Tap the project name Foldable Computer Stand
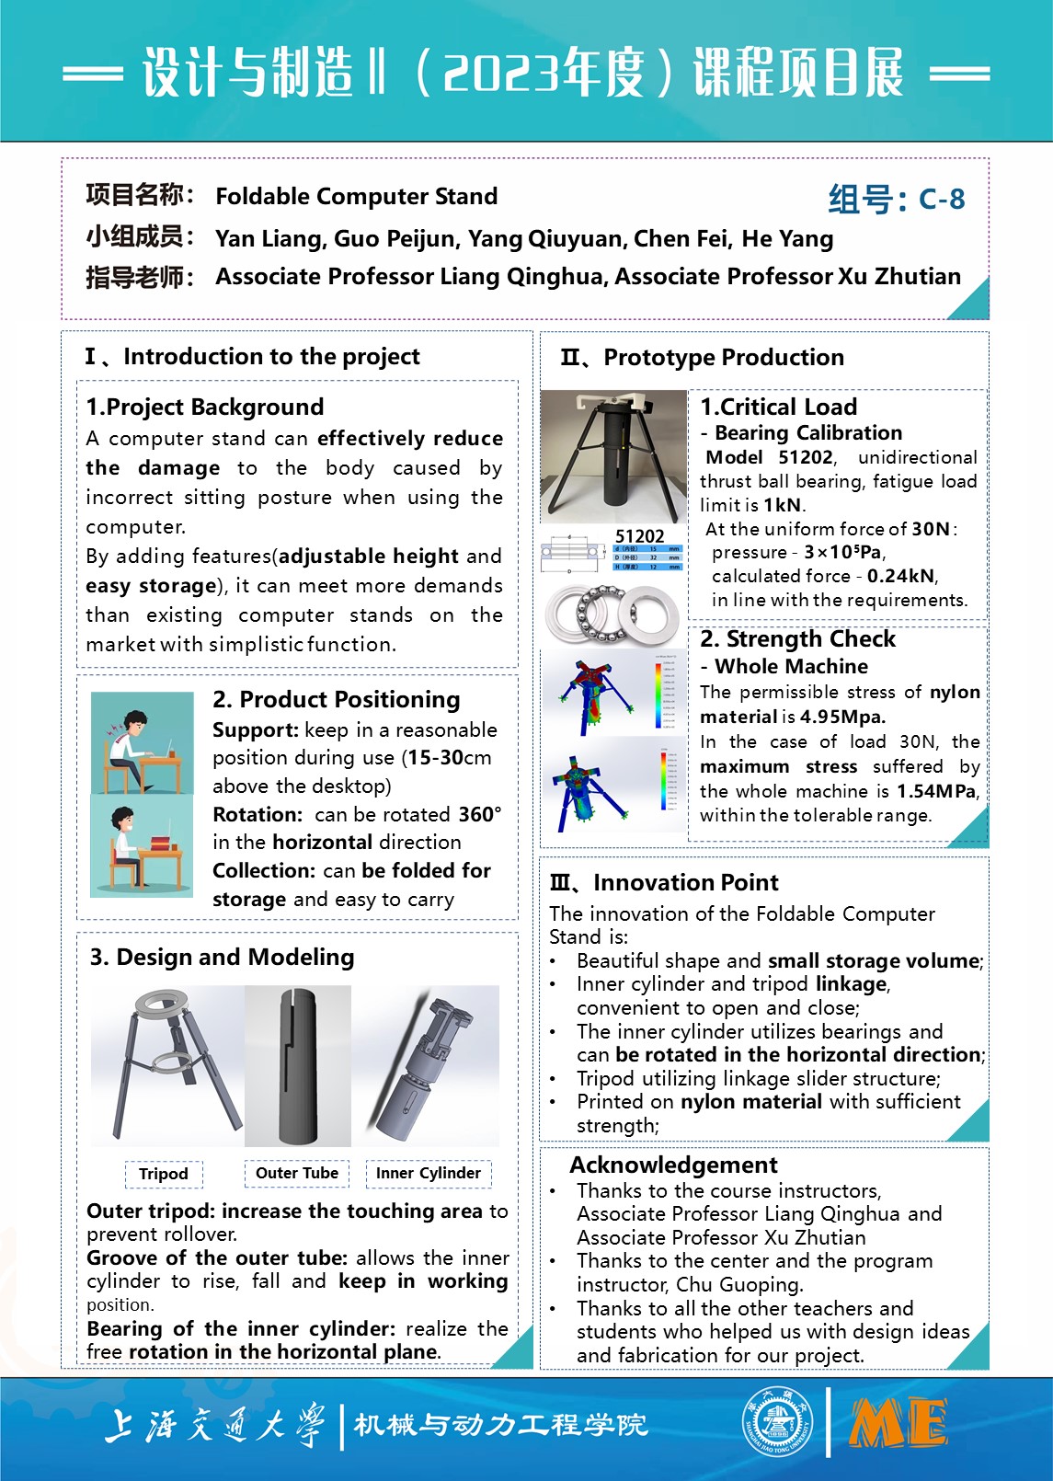(x=356, y=196)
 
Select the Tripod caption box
(x=164, y=1174)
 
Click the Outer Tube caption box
(x=297, y=1173)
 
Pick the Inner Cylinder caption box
(x=429, y=1173)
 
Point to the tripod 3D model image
(x=167, y=1064)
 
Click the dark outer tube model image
(x=297, y=1064)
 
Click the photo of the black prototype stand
(x=612, y=456)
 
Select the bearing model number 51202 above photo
(x=639, y=536)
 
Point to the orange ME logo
(x=898, y=1424)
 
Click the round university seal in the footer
(x=778, y=1423)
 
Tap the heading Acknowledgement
(x=673, y=1165)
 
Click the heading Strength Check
(x=797, y=638)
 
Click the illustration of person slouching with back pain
(x=143, y=741)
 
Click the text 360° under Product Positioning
(x=480, y=814)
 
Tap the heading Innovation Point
(x=685, y=882)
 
